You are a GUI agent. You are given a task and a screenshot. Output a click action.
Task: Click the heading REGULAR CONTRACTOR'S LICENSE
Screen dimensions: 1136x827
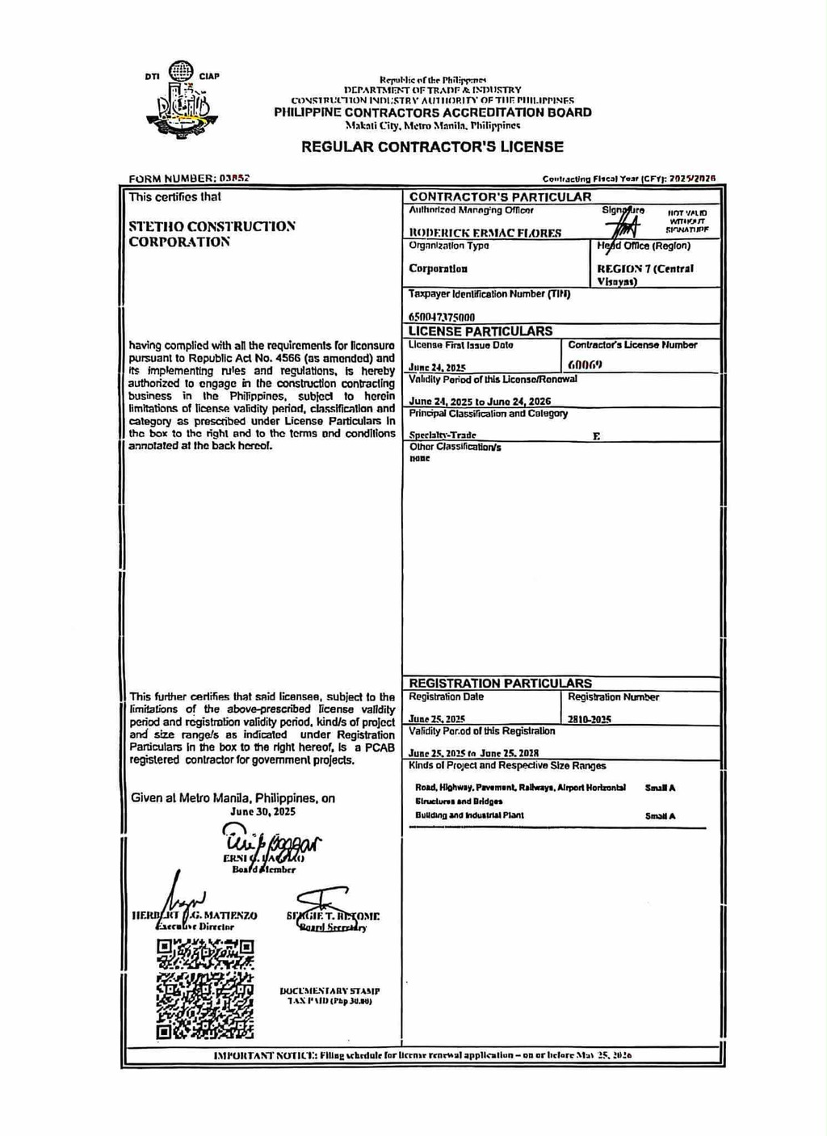click(432, 147)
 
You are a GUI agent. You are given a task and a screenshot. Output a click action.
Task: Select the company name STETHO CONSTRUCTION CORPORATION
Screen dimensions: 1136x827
click(212, 234)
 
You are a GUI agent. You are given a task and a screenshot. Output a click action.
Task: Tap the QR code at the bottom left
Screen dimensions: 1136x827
click(204, 989)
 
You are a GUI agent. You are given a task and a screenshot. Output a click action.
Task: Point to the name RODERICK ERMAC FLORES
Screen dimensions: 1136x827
click(485, 233)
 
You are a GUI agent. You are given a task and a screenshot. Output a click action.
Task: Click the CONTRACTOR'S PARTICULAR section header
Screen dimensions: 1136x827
click(500, 197)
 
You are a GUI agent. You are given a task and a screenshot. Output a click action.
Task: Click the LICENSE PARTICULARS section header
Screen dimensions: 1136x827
click(480, 331)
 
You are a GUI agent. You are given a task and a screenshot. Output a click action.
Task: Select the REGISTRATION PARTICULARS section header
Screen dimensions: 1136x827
click(500, 684)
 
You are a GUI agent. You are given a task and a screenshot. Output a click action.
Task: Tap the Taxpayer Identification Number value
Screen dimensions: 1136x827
click(442, 317)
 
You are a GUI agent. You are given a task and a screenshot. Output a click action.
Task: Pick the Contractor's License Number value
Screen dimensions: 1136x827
click(585, 364)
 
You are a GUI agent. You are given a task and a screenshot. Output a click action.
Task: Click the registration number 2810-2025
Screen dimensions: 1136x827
click(589, 719)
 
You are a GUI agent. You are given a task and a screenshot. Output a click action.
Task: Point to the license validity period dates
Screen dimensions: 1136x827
click(480, 402)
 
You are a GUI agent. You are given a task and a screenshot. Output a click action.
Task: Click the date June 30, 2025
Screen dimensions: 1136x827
click(262, 811)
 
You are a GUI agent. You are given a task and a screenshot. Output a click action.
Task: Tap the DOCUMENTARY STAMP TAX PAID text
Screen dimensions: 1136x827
click(330, 995)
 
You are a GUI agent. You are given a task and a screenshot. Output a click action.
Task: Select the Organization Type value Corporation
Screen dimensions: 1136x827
click(438, 269)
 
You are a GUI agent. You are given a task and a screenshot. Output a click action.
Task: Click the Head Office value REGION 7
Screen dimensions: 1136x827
click(644, 274)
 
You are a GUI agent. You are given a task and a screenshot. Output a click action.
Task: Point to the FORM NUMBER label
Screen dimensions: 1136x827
click(172, 179)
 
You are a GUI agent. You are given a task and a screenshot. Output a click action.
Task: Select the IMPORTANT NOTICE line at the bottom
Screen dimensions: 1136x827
click(422, 1055)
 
